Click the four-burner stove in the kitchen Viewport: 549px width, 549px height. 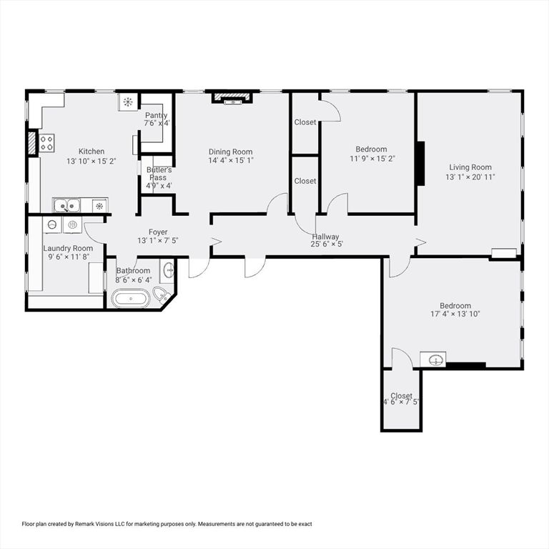tap(47, 142)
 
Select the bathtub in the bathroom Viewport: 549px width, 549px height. tap(131, 297)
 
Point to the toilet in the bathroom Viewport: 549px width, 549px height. tap(162, 294)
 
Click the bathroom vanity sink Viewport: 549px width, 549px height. tap(168, 270)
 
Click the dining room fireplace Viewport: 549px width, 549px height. tap(232, 99)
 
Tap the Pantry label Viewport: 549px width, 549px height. tap(157, 115)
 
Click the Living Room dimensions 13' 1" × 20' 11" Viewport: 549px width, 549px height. tap(470, 177)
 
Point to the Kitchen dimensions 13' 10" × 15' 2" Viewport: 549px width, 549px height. tap(91, 161)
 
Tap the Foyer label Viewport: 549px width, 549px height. tap(157, 232)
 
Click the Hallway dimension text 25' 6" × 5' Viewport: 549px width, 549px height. tap(327, 244)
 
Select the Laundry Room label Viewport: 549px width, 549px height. tap(68, 248)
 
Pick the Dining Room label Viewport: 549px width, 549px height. tap(230, 152)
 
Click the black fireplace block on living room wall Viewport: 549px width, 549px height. tap(420, 164)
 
